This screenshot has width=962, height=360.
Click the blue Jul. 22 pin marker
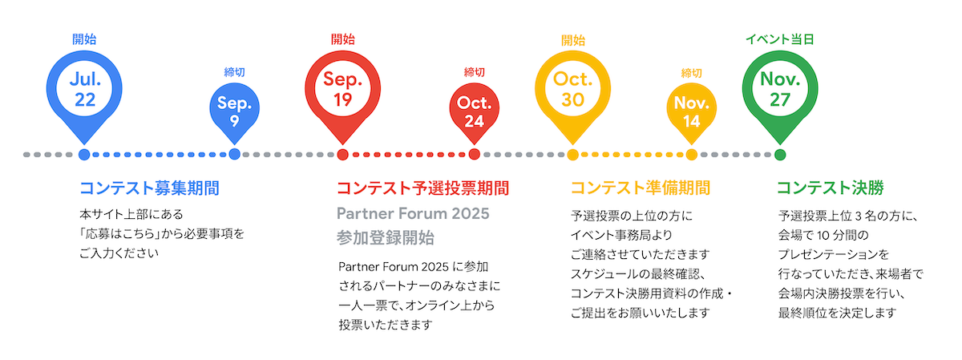84,89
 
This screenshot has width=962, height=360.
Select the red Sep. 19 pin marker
343,89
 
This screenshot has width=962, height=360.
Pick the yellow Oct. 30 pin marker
572,89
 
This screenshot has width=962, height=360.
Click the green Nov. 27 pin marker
780,89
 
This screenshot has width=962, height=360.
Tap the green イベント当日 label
779,39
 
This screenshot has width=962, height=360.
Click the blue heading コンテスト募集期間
149,188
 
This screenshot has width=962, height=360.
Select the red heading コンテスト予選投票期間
422,188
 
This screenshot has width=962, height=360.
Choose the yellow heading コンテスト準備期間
640,188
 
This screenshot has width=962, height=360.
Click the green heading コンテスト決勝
830,188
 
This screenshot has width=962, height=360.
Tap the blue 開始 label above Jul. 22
84,38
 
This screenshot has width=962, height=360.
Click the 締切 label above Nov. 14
691,73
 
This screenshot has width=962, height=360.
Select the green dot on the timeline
780,154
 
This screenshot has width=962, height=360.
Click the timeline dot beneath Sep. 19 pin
343,154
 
